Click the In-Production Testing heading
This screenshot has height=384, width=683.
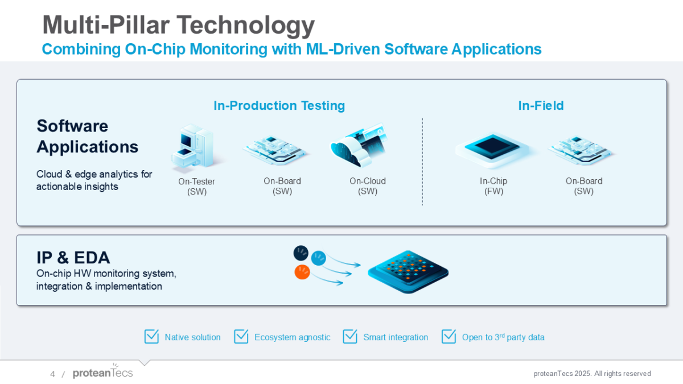coord(279,105)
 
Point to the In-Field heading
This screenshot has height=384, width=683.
coord(541,105)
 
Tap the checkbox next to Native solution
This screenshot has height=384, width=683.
coord(151,337)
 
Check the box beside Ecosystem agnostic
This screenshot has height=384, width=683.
coord(241,337)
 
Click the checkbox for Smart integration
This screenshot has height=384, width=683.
coord(350,337)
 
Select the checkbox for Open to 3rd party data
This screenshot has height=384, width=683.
coord(449,337)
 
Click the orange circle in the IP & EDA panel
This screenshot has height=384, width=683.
coord(302,272)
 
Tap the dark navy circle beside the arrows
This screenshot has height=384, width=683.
coord(301,252)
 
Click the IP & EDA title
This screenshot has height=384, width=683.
coord(73,258)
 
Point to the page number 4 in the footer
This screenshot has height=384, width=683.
coord(52,374)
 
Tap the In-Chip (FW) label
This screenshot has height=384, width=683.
coord(493,186)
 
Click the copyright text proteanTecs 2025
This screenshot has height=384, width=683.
coord(592,374)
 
